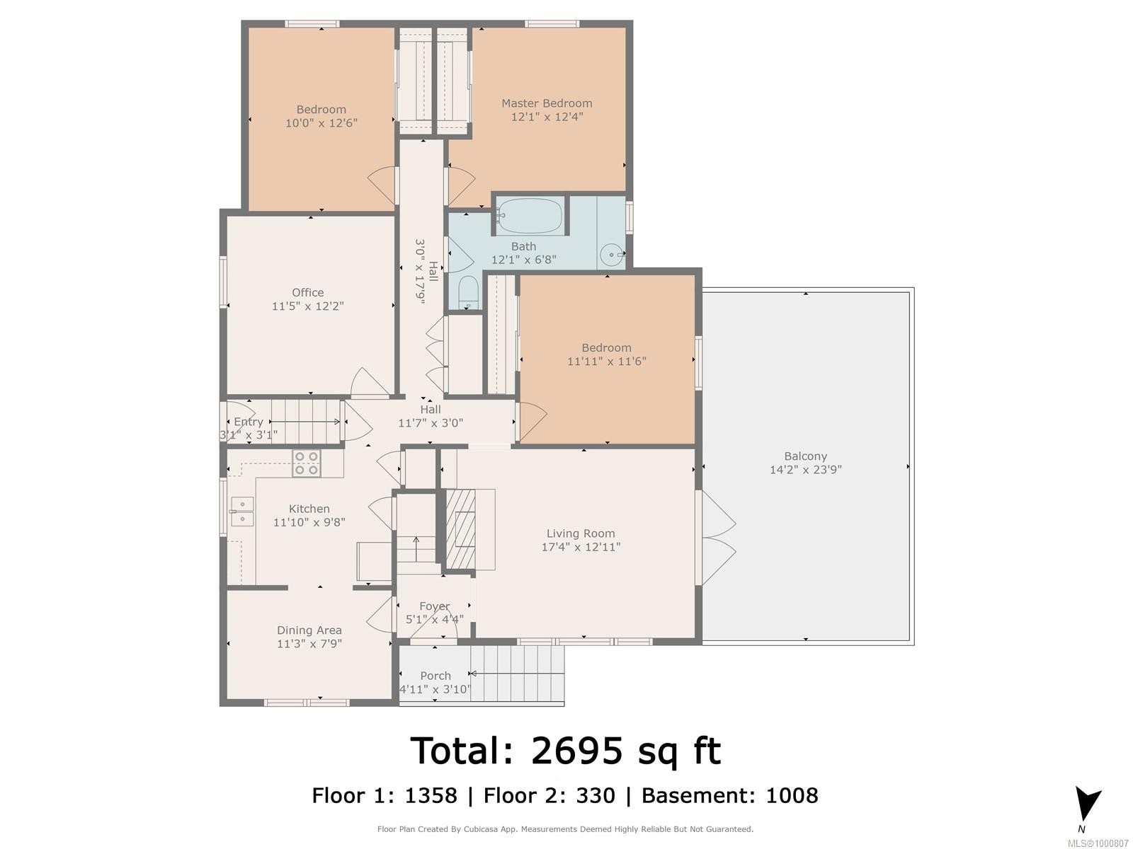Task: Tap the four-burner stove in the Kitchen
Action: [x=307, y=463]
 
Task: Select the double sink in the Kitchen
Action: [x=242, y=511]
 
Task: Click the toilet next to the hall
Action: [x=467, y=292]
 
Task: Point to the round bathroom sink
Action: [x=611, y=254]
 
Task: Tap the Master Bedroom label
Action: [x=547, y=103]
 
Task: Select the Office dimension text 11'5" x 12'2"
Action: [x=307, y=306]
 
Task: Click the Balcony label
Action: [x=805, y=456]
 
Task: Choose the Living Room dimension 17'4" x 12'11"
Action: [x=581, y=547]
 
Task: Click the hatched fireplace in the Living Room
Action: [x=462, y=529]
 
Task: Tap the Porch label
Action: [x=435, y=676]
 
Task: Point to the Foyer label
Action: [x=434, y=606]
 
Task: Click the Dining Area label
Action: [x=309, y=630]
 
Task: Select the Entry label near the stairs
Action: [x=248, y=422]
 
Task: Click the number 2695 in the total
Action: [x=576, y=750]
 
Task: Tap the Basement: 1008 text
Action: [x=729, y=796]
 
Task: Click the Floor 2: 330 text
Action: [x=549, y=796]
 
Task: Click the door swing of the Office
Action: [x=369, y=383]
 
